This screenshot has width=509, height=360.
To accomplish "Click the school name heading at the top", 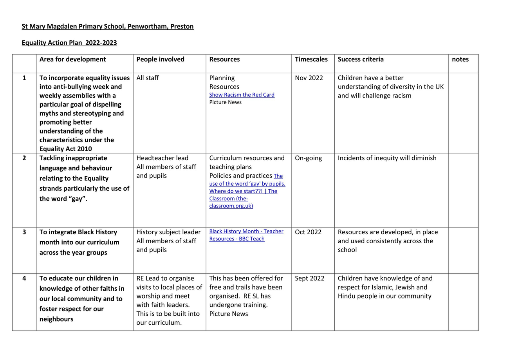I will tap(108, 27).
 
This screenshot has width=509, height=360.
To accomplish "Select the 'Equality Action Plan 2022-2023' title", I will tap(69, 43).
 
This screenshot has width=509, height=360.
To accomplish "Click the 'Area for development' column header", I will tap(72, 60).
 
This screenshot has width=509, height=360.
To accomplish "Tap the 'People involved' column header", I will tap(160, 60).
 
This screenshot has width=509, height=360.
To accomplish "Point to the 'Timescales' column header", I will tap(311, 60).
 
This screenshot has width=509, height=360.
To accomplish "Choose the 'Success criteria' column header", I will tap(361, 60).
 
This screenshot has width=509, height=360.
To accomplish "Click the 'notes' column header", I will tap(460, 60).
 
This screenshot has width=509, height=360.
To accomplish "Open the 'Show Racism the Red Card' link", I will tap(242, 95).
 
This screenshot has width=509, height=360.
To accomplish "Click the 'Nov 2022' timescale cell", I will tap(309, 78).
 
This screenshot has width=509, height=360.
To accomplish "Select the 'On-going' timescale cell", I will tap(308, 158).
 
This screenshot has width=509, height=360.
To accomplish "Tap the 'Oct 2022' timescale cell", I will tap(308, 232).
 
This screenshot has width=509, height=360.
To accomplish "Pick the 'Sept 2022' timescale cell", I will tap(309, 279).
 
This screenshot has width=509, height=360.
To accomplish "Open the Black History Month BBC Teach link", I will tap(246, 235).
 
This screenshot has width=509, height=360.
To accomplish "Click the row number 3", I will tap(24, 232).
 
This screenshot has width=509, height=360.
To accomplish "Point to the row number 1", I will tap(24, 78).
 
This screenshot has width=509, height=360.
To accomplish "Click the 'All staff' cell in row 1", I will tap(148, 78).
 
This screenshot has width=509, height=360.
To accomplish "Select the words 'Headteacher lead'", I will tap(162, 158).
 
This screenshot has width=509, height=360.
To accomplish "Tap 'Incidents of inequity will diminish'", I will tap(387, 158).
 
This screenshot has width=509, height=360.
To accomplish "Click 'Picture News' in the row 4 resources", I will tap(229, 314).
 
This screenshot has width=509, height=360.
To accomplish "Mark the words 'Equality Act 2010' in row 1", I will tap(66, 149).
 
